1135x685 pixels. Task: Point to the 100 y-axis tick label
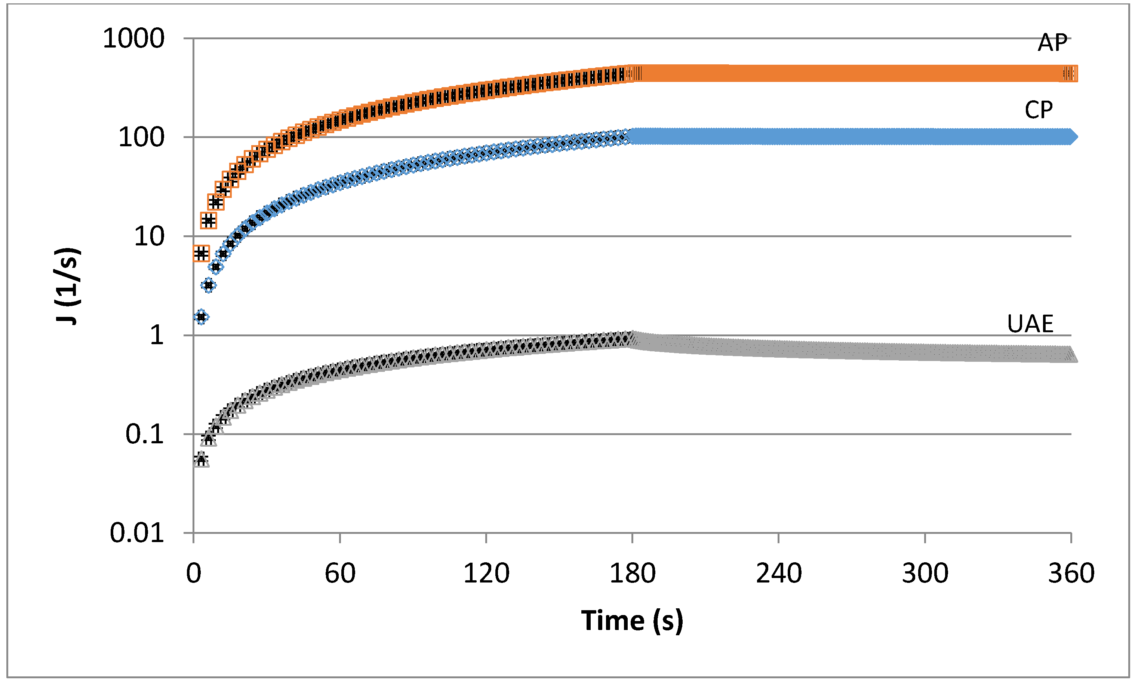141,137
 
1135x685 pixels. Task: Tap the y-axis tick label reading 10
149,236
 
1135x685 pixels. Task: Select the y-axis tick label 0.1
145,434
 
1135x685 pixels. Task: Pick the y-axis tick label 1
157,335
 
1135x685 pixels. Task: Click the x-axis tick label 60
340,574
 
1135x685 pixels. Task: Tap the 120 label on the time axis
486,574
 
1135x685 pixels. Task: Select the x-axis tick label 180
633,574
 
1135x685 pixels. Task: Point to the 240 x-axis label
778,574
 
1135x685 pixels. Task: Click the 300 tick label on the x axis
925,574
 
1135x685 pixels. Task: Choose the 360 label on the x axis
1071,574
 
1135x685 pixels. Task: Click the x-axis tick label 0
194,574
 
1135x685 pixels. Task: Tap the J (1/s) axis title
68,286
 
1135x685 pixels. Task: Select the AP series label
1052,43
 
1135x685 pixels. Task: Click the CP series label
1039,110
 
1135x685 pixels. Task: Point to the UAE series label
1030,324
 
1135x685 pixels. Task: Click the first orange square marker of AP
201,253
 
